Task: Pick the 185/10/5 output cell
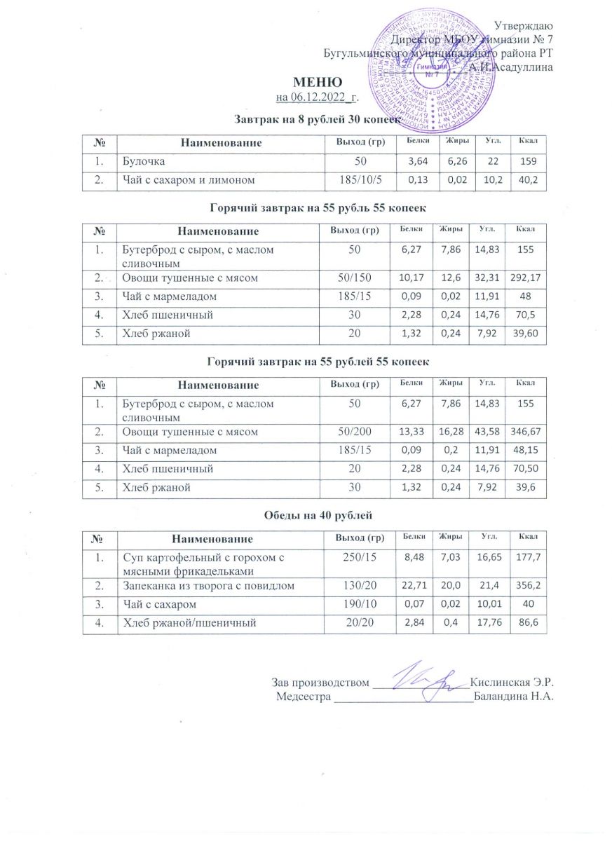coord(356,180)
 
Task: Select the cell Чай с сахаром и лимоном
coord(188,180)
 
